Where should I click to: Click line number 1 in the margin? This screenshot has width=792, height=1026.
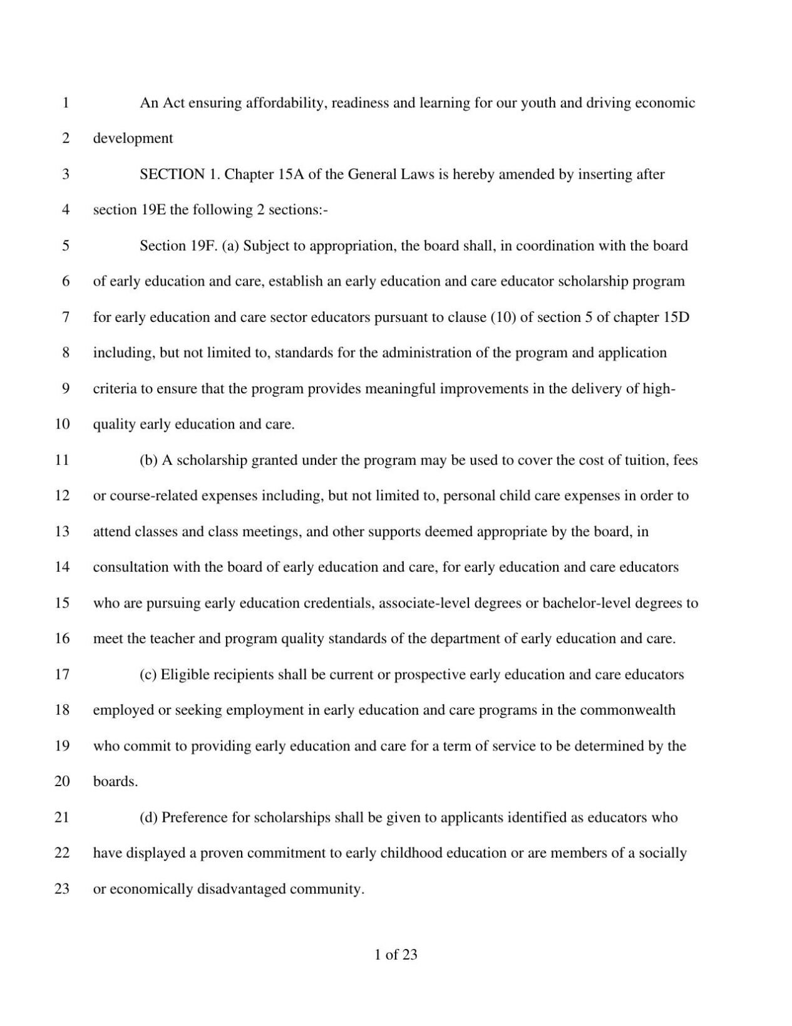(x=65, y=103)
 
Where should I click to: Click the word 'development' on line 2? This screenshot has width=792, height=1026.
(x=133, y=138)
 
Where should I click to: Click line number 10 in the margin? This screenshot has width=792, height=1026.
(x=62, y=424)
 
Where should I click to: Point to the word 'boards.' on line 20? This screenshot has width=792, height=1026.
(x=115, y=782)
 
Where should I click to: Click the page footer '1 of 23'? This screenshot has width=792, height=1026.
(x=396, y=955)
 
